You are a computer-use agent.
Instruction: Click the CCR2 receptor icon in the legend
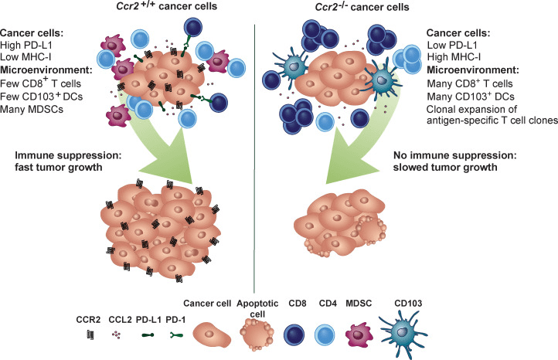coord(90,335)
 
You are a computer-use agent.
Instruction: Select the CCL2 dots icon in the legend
coord(117,335)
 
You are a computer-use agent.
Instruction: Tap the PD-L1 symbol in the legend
coord(148,335)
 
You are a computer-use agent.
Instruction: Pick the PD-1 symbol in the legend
coord(176,335)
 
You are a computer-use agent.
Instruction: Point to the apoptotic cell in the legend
coord(257,335)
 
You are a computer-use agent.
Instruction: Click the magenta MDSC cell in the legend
coord(359,335)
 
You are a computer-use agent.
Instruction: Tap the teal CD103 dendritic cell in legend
coord(403,333)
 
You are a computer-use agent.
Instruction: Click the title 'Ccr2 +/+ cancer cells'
coord(166,6)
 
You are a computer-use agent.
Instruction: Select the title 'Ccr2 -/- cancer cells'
coord(362,6)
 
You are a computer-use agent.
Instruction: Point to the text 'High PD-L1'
coord(26,45)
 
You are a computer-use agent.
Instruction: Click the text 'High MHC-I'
coord(454,57)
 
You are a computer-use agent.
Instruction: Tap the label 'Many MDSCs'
coord(32,109)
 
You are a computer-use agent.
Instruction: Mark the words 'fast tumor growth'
coord(59,167)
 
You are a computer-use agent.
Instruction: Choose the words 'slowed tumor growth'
coord(445,167)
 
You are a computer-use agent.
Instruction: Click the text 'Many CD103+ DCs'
coord(471,97)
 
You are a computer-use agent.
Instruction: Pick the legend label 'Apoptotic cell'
coord(257,309)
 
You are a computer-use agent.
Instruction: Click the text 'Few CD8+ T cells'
coord(40,83)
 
